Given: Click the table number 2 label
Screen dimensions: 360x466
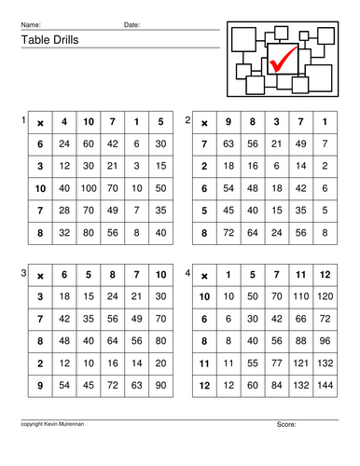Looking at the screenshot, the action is point(188,121).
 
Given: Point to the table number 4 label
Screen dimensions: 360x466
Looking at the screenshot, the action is point(188,273).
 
